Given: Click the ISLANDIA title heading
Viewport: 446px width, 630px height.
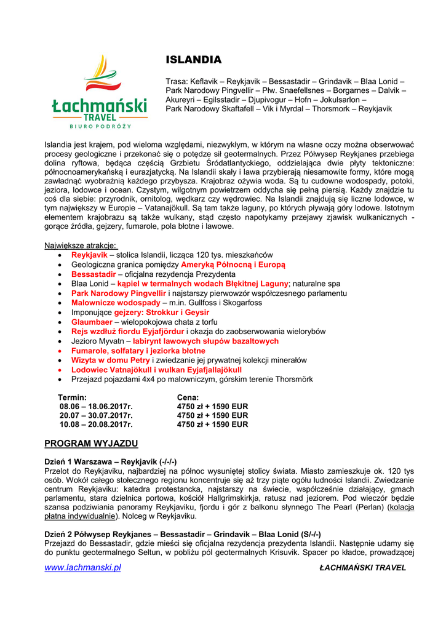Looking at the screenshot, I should point(193,60).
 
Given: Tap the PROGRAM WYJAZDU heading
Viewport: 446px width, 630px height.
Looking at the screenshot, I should point(91,444).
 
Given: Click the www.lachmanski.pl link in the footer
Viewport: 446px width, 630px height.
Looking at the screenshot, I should point(82,567).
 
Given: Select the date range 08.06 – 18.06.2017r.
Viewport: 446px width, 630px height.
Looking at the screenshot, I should point(96,407).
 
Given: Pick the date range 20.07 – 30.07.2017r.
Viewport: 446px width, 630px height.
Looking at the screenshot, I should point(96,415).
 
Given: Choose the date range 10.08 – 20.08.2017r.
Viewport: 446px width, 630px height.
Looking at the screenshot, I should point(96,424).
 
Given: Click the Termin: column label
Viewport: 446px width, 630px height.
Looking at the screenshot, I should point(72,397).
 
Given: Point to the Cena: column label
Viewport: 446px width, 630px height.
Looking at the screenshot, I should point(188,397).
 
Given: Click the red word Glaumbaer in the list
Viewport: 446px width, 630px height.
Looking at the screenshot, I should point(92,322).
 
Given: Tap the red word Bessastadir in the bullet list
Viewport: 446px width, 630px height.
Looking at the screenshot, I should point(94,274).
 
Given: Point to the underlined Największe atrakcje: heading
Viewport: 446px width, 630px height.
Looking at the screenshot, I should point(80,245).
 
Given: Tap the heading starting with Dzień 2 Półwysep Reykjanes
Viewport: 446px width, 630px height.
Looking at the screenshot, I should point(183,535).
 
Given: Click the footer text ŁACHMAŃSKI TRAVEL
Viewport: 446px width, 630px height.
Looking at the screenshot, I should point(363,568).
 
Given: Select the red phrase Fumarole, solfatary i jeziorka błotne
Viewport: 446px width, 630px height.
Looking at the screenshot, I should point(138,351).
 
